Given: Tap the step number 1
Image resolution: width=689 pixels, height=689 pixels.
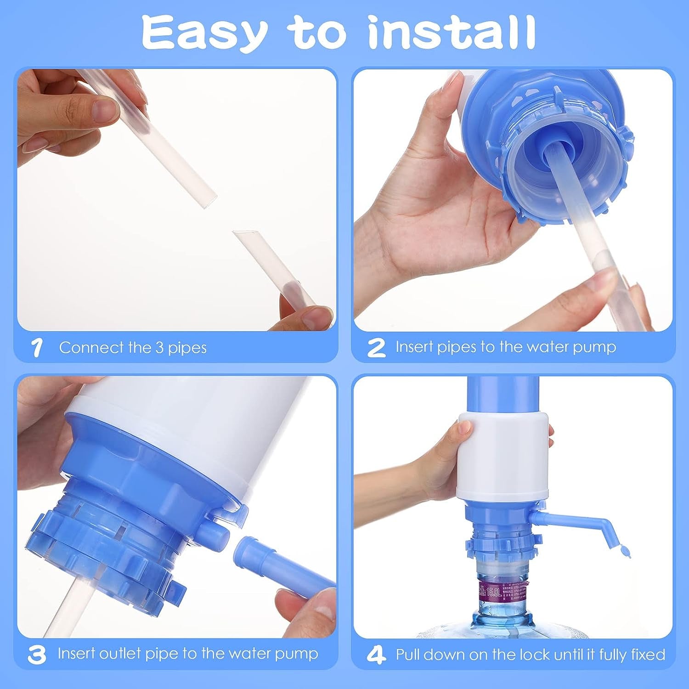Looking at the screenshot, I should [x=37, y=348].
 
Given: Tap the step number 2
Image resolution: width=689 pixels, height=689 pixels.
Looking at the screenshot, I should [x=376, y=348].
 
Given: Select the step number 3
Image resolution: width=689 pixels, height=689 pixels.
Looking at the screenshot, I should [x=36, y=654].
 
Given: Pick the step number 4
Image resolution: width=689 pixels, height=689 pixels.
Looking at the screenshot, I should [x=376, y=655].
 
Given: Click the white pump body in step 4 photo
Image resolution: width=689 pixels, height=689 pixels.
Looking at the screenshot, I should [x=503, y=455].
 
